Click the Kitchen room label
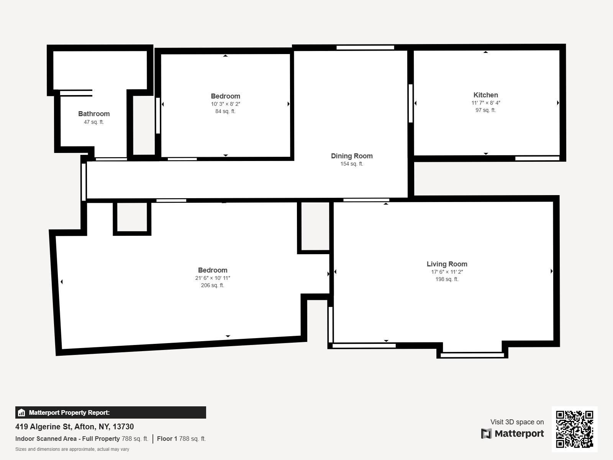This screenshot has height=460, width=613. coord(485,95)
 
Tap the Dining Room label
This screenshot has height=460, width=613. coord(352,156)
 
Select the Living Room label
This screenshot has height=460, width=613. coord(447,264)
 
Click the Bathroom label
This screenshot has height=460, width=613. coord(94,114)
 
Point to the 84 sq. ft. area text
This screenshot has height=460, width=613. coord(225,112)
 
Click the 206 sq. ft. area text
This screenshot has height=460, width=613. coord(212,286)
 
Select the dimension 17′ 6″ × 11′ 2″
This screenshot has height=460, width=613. coord(447,272)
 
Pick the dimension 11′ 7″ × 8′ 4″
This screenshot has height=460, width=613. coord(485,103)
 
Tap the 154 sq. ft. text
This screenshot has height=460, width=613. coord(352,164)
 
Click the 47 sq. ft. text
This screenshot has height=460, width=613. coord(94,122)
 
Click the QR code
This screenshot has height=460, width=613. coord(574,429)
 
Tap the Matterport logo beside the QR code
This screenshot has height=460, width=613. coord(513,434)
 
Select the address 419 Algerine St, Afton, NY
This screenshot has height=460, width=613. coord(75,427)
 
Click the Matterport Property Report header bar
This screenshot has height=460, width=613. coord(110,412)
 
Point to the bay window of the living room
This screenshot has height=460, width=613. coord(472,355)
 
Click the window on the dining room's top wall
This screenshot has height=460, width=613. coord(365,48)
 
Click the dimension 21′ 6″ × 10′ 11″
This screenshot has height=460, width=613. coord(212,278)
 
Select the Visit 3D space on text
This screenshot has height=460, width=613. coord(517,422)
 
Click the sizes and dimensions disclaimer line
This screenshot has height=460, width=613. coord(72,449)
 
